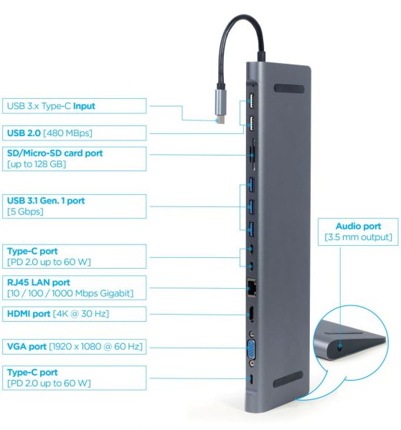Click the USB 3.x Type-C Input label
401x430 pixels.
[x=50, y=106]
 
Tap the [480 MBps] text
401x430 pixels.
[x=66, y=133]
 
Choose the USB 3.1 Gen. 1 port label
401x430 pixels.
[x=45, y=201]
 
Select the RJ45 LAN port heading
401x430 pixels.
[x=38, y=282]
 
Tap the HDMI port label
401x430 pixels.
[x=29, y=315]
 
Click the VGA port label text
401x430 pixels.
[x=26, y=347]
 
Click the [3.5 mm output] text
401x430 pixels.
[x=358, y=237]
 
